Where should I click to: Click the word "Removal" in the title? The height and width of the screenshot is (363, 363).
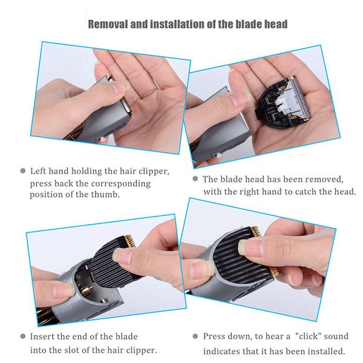pos(108,24)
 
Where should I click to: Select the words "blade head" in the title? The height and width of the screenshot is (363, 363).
pos(261,24)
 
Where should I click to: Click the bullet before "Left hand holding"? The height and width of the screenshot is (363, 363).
pos(23,171)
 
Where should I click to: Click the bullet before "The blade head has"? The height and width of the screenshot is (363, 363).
pos(195,178)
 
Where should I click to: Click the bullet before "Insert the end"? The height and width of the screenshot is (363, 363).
pos(23,336)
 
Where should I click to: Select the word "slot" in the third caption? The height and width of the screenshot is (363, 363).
pos(68,350)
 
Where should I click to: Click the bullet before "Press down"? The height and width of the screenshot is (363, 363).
pos(195,336)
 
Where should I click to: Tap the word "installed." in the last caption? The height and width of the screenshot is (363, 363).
pos(326,351)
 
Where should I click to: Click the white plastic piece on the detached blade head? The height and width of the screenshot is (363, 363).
pos(286,103)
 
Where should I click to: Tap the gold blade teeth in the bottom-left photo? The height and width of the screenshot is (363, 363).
pos(129,240)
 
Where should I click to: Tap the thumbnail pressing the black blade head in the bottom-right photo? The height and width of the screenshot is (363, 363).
pos(252,247)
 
